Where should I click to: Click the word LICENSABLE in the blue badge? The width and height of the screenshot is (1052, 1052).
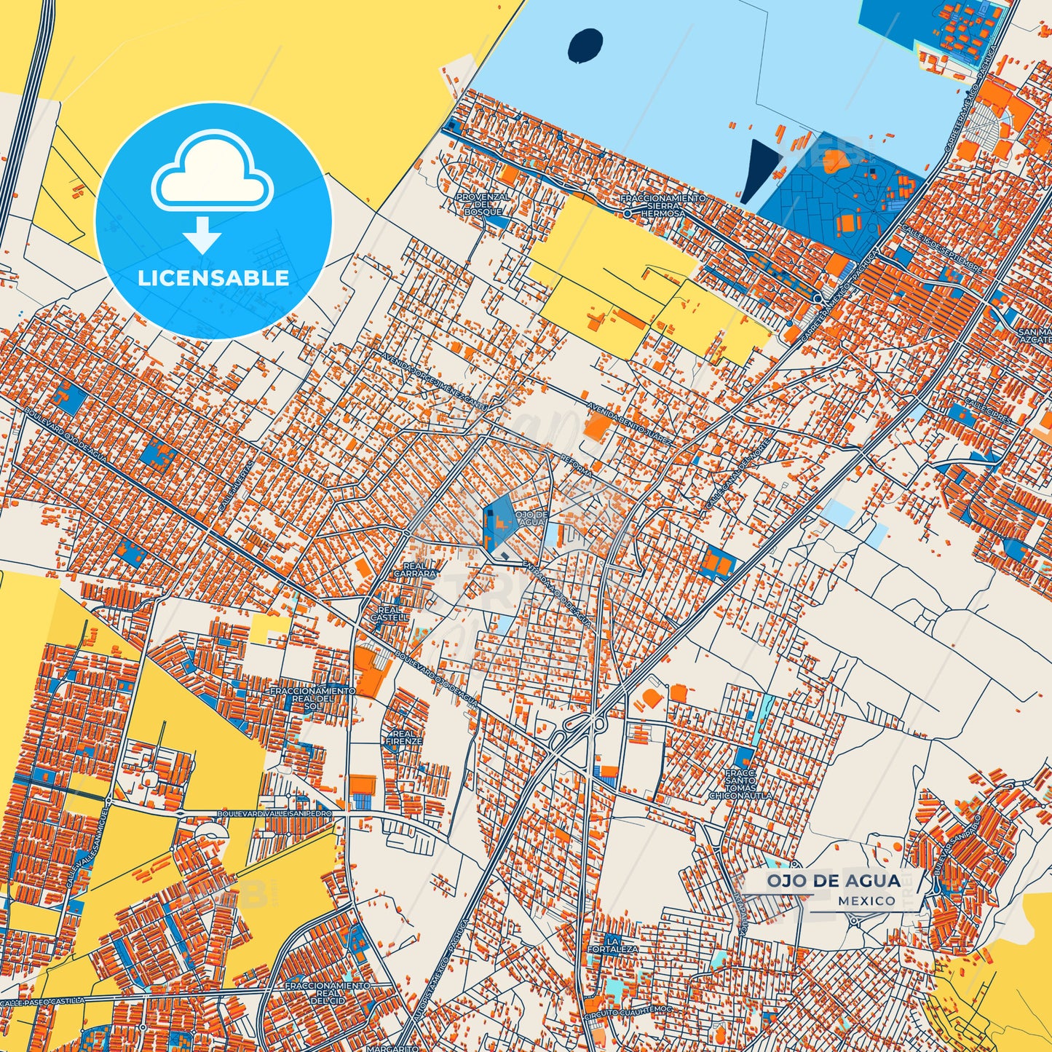[213, 277]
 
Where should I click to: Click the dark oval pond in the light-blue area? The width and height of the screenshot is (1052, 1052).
[585, 45]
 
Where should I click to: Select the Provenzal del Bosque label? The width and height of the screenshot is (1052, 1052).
[483, 204]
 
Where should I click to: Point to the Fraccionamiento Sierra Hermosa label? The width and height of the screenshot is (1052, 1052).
[663, 206]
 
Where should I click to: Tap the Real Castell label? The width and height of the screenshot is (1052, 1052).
[389, 614]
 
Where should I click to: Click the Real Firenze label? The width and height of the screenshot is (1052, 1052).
[404, 737]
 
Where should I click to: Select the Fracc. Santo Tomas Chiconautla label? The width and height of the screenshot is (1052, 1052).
[740, 784]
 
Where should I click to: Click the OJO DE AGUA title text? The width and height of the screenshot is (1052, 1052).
[833, 881]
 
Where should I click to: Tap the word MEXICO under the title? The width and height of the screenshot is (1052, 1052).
[866, 901]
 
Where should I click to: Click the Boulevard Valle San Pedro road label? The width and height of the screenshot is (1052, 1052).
[274, 813]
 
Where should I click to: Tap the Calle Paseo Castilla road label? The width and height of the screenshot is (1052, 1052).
[44, 1003]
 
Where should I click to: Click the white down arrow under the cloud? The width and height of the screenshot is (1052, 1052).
[202, 234]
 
